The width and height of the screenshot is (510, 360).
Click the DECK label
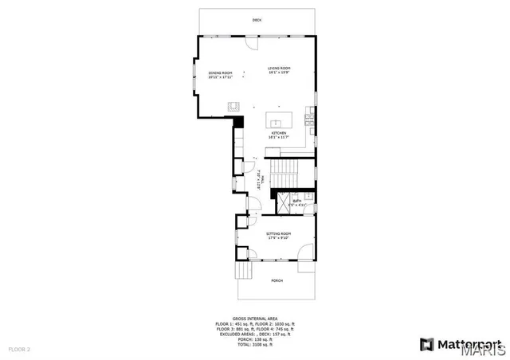point(257,19)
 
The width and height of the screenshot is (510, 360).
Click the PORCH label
point(277,280)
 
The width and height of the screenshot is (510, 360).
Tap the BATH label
point(297,202)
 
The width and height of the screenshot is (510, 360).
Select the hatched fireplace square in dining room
point(234,105)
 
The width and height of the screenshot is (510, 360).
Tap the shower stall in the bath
point(283,203)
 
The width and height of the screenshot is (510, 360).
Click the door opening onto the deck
point(257,35)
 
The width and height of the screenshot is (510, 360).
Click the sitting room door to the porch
point(304,253)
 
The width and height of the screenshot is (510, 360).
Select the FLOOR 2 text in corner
point(19,350)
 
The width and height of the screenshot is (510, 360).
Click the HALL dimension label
point(259,180)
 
